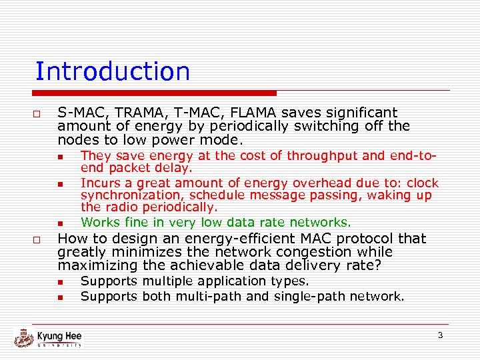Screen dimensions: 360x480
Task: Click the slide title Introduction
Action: (x=112, y=71)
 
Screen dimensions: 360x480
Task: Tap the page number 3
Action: (x=440, y=335)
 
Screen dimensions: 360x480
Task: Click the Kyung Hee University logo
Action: (x=48, y=338)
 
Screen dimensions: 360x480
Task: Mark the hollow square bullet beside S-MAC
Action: (x=38, y=114)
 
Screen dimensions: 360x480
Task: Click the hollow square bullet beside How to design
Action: (x=38, y=240)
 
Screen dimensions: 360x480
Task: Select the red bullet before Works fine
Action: (x=59, y=223)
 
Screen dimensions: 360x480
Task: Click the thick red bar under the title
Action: (x=157, y=93)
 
